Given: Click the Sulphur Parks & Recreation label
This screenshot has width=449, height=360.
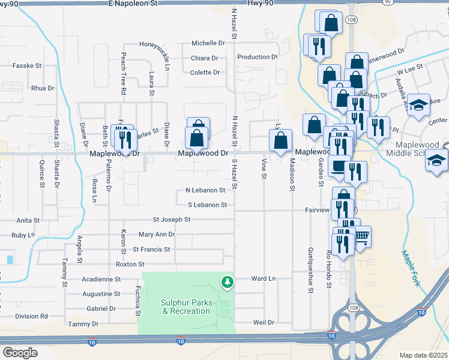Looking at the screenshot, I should click(186, 307).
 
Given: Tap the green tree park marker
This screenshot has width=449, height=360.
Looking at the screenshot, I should click(227, 281).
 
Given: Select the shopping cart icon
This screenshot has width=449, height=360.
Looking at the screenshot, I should click(361, 236).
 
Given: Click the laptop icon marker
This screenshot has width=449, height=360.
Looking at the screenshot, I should click(339, 166).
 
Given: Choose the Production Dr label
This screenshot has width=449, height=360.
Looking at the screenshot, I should click(258, 57).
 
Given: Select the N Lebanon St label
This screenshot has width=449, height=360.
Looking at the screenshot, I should click(205, 190).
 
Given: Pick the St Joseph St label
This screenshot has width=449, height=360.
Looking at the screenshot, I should click(171, 220).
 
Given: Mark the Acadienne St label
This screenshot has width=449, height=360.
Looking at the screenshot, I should click(101, 279).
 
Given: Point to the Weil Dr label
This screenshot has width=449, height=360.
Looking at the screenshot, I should click(264, 322).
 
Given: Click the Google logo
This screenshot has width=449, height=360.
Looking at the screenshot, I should click(20, 353).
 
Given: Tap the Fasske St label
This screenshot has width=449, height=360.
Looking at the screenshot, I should click(27, 65).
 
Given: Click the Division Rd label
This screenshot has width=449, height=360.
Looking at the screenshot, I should click(31, 316).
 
